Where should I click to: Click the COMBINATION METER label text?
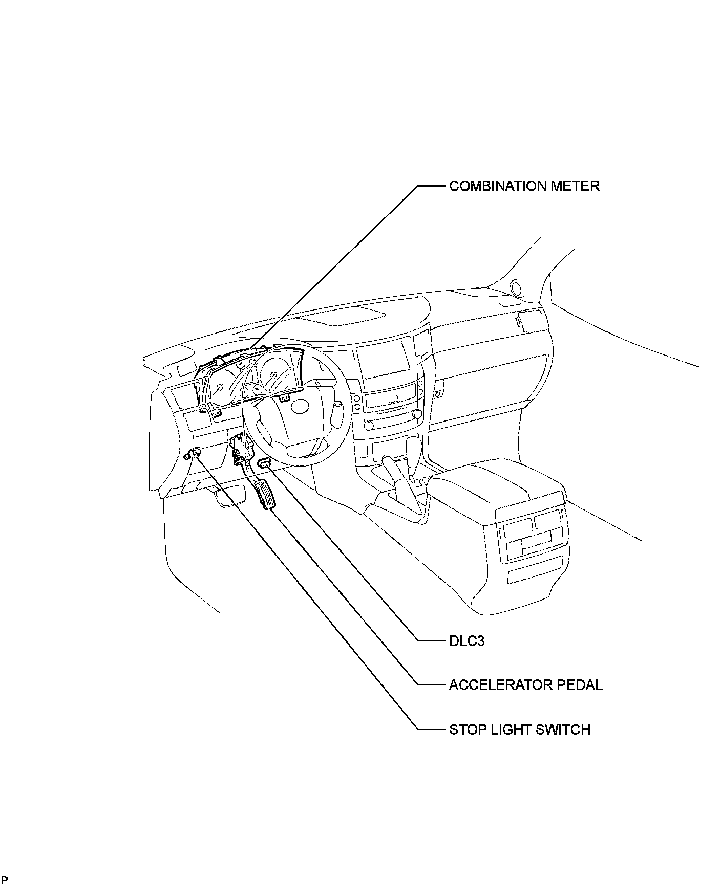(524, 186)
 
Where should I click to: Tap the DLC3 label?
(466, 640)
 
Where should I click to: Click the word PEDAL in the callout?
(584, 684)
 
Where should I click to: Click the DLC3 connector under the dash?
(265, 463)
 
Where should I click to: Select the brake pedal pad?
(229, 496)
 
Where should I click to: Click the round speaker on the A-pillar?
(516, 289)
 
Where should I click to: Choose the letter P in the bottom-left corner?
(4, 880)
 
